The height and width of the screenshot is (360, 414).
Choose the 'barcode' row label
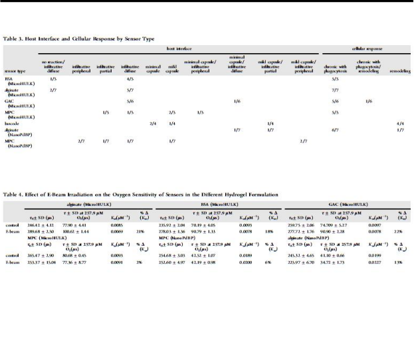click(12, 124)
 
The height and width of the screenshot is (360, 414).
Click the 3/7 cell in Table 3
click(304, 141)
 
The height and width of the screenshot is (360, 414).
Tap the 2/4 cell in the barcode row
click(153, 124)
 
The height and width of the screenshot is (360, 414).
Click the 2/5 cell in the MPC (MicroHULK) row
click(171, 112)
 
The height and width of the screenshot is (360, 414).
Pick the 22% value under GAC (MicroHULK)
click(399, 231)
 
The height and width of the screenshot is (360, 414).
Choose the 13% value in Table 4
click(399, 262)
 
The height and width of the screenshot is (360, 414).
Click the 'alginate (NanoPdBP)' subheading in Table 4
click(306, 237)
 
